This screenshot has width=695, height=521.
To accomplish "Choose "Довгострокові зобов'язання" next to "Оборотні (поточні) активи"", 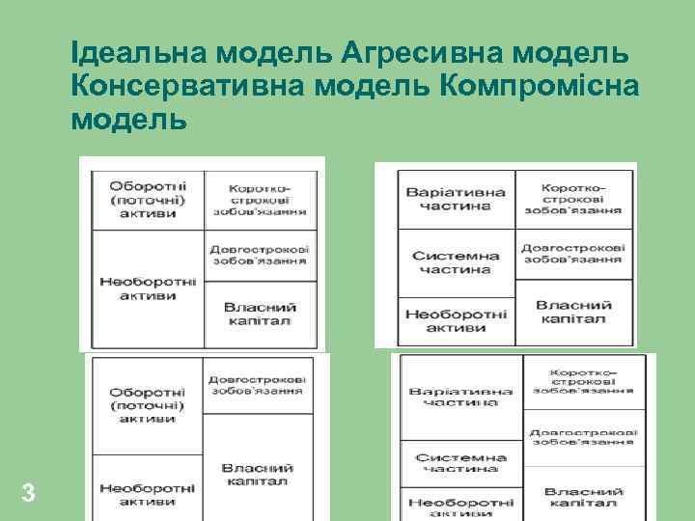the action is pyautogui.click(x=257, y=385).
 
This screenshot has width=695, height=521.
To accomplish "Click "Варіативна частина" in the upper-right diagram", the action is pyautogui.click(x=457, y=200).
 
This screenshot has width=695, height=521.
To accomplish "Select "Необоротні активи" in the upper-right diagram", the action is pyautogui.click(x=457, y=320).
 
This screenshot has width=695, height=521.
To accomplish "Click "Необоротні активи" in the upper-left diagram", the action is pyautogui.click(x=148, y=288).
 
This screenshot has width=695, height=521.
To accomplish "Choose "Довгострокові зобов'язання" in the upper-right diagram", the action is pyautogui.click(x=573, y=254).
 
